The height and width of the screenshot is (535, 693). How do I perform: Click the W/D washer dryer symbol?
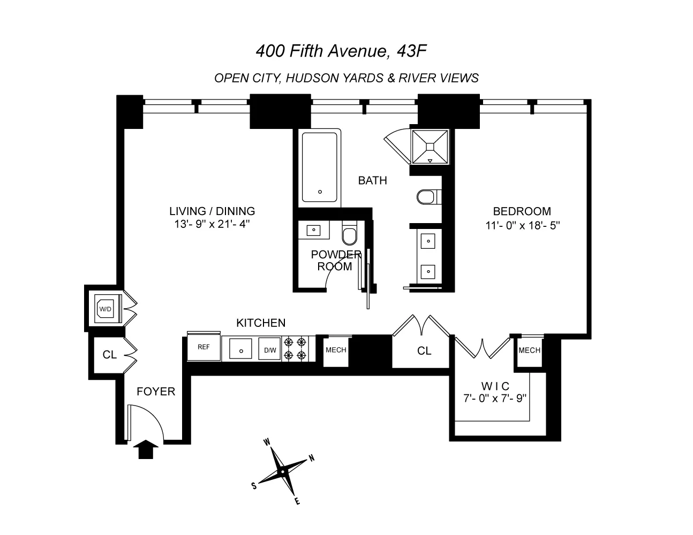(x=105, y=309)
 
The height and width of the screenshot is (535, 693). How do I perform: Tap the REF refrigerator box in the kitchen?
(x=204, y=347)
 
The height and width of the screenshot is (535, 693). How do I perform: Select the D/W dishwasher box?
(x=270, y=350)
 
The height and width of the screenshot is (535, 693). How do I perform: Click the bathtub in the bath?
(x=320, y=167)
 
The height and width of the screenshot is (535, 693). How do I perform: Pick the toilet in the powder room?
(x=349, y=235)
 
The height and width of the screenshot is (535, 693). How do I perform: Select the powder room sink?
(x=312, y=231)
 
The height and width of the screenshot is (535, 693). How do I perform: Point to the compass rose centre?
(x=282, y=472)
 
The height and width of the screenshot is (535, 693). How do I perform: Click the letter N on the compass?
(x=311, y=458)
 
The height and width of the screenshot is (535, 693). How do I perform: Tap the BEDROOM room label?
(x=522, y=211)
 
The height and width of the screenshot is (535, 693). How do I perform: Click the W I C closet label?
(x=495, y=386)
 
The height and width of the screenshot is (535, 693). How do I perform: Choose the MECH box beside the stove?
(x=336, y=350)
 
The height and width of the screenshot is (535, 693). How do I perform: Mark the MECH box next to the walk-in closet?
(x=529, y=350)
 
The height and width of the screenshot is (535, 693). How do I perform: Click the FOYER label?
(x=156, y=392)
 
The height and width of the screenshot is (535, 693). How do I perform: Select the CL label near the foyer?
(x=110, y=355)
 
